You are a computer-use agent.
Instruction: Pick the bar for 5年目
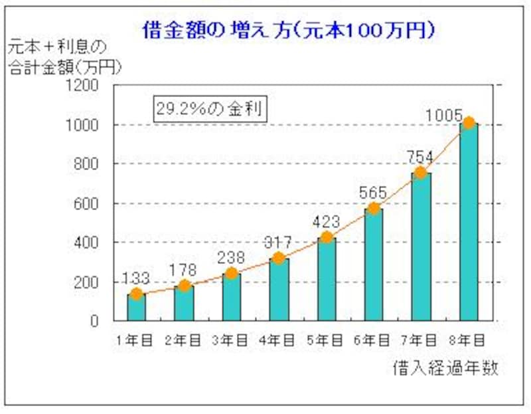(326, 279)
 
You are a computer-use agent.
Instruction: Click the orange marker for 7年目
(420, 173)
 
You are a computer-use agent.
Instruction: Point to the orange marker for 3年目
(231, 273)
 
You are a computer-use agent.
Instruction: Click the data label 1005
(444, 115)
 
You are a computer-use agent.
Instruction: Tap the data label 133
(135, 278)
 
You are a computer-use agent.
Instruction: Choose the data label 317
(278, 242)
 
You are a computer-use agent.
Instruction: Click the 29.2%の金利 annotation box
(210, 109)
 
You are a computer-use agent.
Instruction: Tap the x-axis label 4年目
(277, 340)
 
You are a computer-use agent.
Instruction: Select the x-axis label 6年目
(372, 340)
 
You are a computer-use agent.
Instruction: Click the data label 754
(419, 157)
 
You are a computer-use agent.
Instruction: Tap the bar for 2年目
(183, 303)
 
